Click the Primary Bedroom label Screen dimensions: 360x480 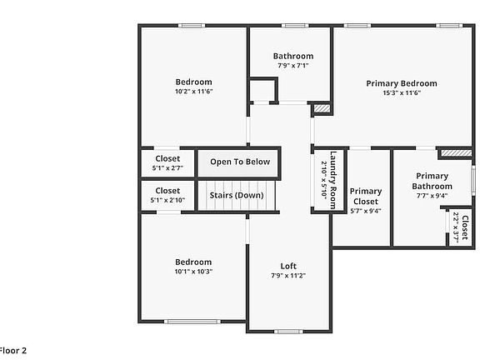coord(401,83)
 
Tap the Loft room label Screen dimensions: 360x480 coord(287,267)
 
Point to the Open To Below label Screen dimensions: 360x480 coord(240,162)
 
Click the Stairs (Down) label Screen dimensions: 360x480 coord(237,195)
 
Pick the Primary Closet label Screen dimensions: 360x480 coord(365,197)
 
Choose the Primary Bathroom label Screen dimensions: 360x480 coord(432,181)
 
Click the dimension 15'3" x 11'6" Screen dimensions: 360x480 coord(401,93)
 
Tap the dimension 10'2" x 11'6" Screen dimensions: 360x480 coord(193,92)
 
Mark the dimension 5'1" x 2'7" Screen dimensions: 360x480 coord(167,168)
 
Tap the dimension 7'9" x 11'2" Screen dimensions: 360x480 coord(287,276)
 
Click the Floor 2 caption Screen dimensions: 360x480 coord(13,350)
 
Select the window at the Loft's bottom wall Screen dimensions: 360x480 coord(287,331)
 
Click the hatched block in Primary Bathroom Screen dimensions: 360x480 coord(450,153)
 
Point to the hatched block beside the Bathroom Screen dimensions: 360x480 coord(321,108)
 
